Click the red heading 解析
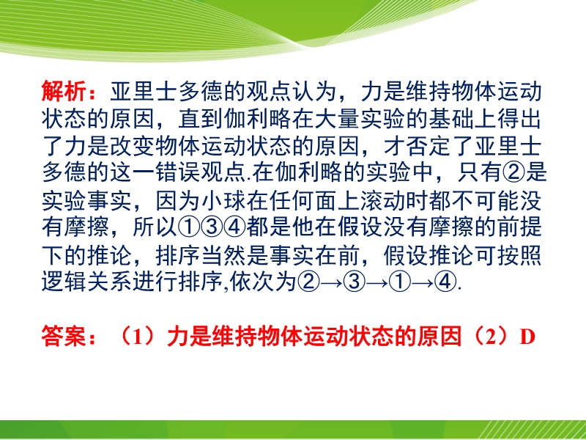64,91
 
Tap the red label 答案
64,337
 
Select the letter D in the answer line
527,337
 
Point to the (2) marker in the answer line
492,337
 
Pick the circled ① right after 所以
189,227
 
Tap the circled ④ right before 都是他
234,227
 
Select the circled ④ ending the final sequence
446,282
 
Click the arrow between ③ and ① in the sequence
377,282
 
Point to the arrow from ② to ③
332,282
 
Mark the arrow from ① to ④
423,282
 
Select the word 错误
177,172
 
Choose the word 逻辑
64,282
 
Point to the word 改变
132,145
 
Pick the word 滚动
383,200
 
